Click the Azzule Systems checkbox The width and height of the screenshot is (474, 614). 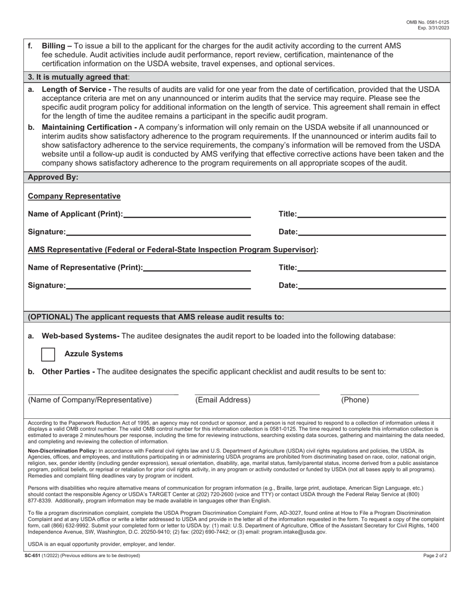pyautogui.click(x=48, y=354)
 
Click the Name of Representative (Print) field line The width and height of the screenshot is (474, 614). pyautogui.click(x=197, y=268)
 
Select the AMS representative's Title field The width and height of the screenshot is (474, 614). pyautogui.click(x=371, y=268)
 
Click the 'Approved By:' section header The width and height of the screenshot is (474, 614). pyautogui.click(x=53, y=177)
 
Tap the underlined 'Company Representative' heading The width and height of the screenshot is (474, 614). pyautogui.click(x=74, y=196)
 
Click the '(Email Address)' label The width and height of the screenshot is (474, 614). pyautogui.click(x=223, y=400)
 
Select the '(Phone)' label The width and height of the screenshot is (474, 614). pyautogui.click(x=355, y=400)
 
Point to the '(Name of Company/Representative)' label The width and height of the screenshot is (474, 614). pyautogui.click(x=90, y=400)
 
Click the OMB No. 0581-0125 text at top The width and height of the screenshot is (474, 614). pyautogui.click(x=428, y=22)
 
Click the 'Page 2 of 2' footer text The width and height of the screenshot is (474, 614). pyautogui.click(x=435, y=555)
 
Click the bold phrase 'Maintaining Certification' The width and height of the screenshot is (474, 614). pyautogui.click(x=88, y=127)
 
